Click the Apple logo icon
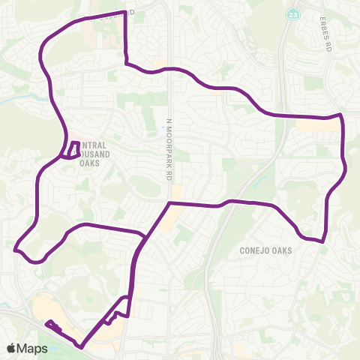11,348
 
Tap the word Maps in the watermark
33,348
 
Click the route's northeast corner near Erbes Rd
341,115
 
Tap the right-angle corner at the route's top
124,13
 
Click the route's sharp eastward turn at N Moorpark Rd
169,202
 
